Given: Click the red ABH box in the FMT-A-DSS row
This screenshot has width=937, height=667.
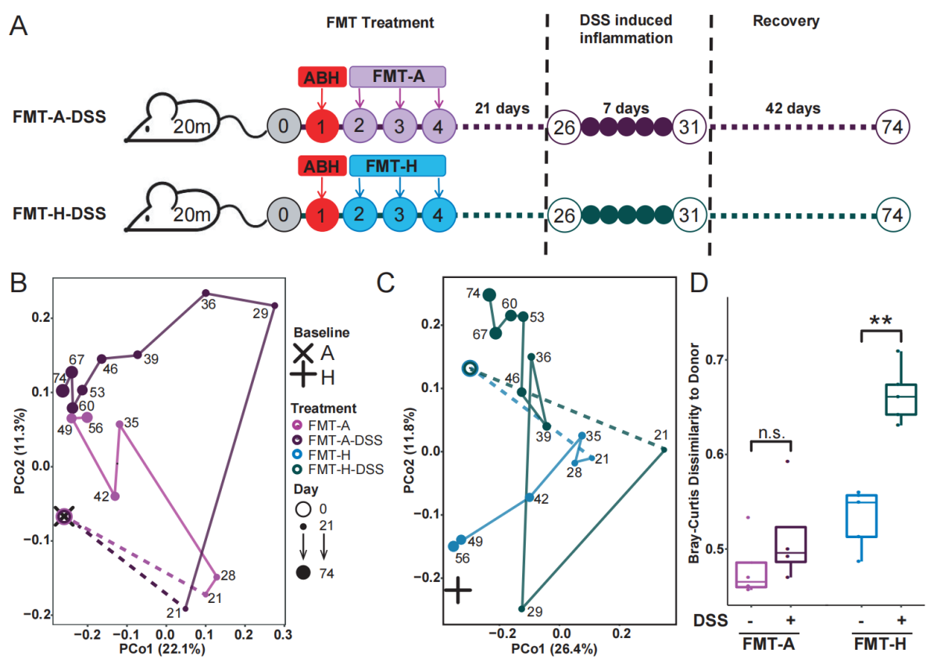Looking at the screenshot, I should [321, 77].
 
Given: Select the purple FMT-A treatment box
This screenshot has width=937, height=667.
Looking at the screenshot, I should [398, 77].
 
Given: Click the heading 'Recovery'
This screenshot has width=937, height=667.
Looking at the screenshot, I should [785, 21].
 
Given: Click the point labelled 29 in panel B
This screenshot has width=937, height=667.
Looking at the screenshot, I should [274, 305].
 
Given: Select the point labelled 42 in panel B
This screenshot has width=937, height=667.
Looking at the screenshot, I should [115, 496].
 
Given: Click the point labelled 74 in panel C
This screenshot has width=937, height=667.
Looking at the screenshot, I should [489, 294].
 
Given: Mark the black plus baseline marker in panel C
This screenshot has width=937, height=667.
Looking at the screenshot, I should [458, 590].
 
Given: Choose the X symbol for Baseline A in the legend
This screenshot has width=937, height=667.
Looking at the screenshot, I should [303, 353].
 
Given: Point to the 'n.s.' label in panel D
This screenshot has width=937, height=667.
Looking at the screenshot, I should [771, 429].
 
